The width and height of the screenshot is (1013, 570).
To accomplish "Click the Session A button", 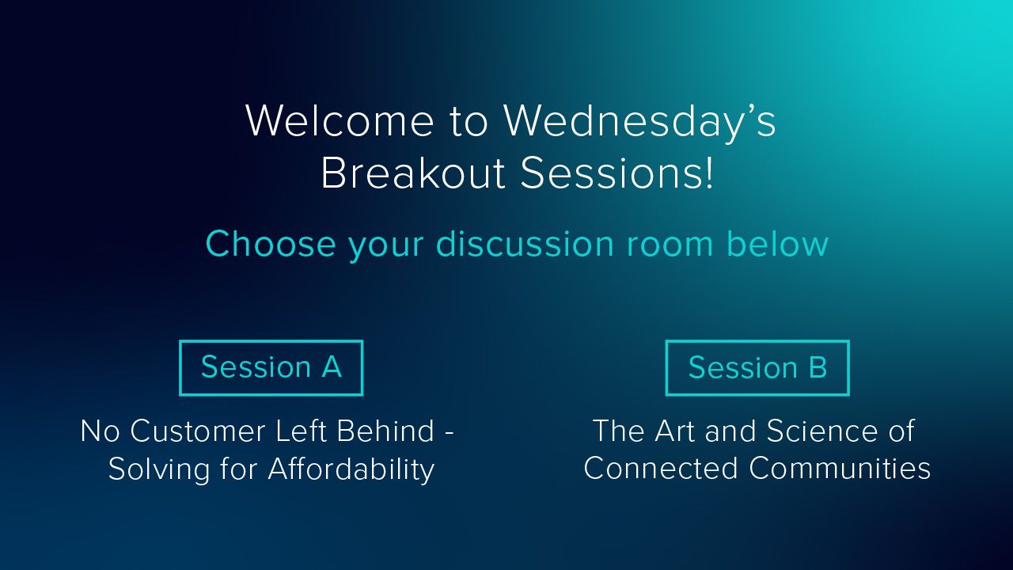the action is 271,368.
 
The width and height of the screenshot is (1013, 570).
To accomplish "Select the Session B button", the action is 757,368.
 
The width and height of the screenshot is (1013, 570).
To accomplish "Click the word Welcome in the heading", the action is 340,120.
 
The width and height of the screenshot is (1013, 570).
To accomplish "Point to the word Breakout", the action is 412,173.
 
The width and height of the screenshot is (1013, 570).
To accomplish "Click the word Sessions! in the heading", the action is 617,173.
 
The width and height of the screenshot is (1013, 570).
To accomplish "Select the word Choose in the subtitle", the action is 271,244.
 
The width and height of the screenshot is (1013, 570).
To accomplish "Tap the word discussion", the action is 525,244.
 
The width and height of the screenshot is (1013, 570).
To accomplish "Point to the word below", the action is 777,244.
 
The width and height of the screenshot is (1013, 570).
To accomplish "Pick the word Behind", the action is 385,431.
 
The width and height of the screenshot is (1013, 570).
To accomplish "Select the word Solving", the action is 159,470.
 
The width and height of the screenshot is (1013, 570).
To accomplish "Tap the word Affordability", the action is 351,470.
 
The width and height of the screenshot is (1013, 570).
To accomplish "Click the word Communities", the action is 840,468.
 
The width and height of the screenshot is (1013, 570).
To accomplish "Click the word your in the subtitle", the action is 385,248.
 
